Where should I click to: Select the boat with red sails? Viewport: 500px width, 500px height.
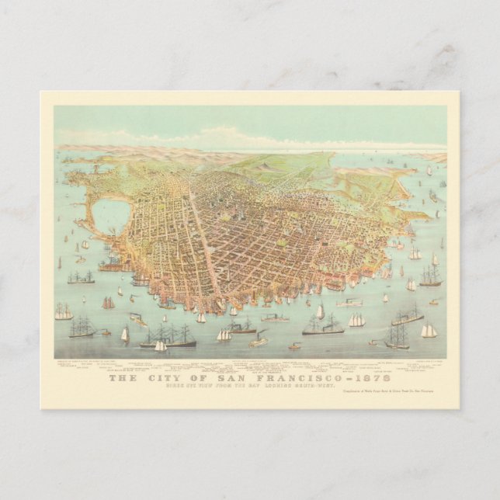pos(108,304)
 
